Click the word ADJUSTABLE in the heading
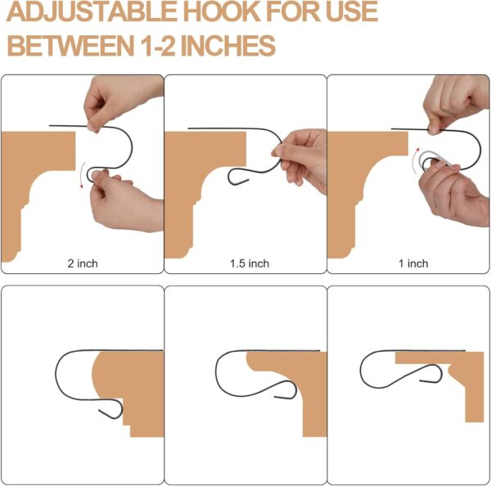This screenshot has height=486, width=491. pos(92,12)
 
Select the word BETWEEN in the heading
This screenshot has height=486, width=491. pos(70,45)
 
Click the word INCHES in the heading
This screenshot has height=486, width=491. pos(228,45)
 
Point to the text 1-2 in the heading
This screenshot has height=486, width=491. pos(157,45)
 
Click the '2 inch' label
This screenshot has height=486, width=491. pos(83,263)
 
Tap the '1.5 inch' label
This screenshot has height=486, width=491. pos(250,263)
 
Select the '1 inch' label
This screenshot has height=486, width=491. pos(413,263)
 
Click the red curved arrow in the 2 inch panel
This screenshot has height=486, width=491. pos(80,175)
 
